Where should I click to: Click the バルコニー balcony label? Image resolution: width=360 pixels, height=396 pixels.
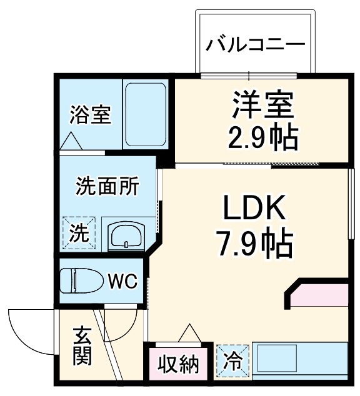pyautogui.click(x=256, y=45)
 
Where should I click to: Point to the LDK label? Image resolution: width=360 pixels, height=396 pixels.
pyautogui.click(x=255, y=209)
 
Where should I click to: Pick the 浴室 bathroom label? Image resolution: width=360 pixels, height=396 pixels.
pyautogui.click(x=90, y=115)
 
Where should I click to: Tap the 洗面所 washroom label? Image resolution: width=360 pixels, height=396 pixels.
pyautogui.click(x=107, y=186)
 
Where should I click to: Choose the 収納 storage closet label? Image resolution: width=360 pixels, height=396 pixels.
pyautogui.click(x=177, y=363)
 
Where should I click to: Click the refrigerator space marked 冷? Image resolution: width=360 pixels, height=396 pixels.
pyautogui.click(x=232, y=360)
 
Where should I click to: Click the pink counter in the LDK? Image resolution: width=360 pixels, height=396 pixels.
pyautogui.click(x=319, y=297)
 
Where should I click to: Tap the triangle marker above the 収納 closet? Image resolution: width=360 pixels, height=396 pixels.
pyautogui.click(x=189, y=334)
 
